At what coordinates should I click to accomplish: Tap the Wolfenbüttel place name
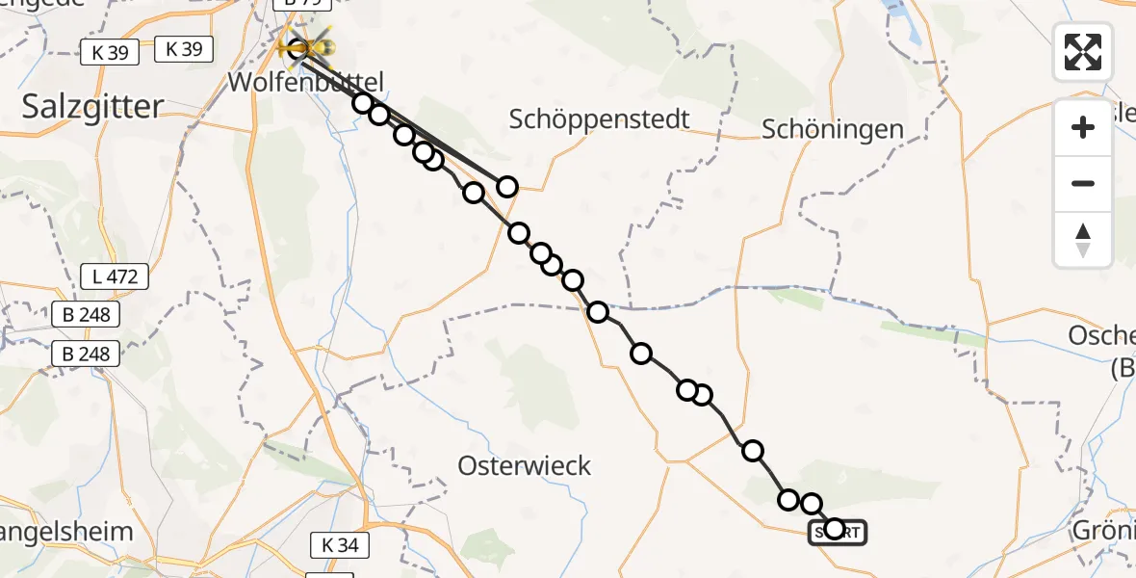[x=306, y=82]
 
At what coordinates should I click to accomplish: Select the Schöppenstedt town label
[x=600, y=119]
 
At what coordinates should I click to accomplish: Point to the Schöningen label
[x=833, y=129]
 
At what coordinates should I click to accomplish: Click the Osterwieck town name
[x=524, y=466]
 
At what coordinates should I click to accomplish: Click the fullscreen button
[x=1083, y=51]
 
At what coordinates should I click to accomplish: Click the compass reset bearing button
[x=1083, y=240]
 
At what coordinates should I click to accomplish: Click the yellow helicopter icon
[x=307, y=44]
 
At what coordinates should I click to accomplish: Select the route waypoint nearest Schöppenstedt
[x=506, y=187]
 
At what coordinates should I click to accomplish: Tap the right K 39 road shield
[x=184, y=49]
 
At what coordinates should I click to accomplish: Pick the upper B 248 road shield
[x=87, y=315]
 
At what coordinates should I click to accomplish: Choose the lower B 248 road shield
[x=87, y=354]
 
